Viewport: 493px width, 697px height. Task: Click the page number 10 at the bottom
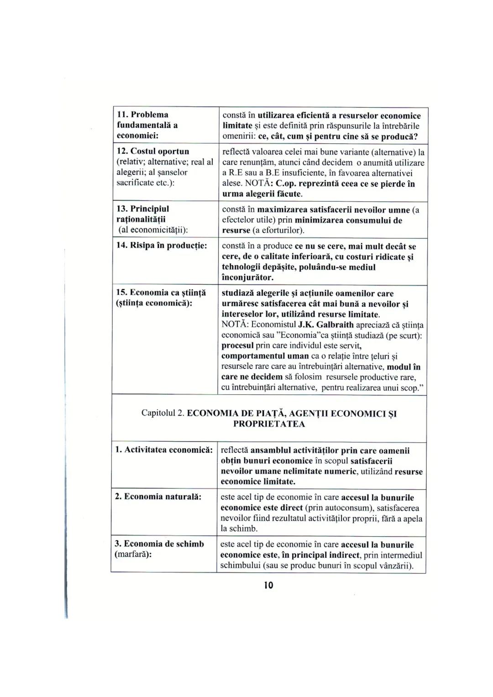(x=268, y=585)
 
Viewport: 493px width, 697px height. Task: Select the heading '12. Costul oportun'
(x=153, y=151)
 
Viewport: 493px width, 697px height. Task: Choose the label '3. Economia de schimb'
(x=159, y=544)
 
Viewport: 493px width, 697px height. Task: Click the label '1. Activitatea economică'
(x=163, y=450)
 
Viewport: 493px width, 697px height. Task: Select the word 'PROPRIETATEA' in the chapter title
(x=269, y=424)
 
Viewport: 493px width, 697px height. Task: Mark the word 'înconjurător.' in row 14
(x=247, y=277)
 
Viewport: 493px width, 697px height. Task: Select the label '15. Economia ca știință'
(x=161, y=292)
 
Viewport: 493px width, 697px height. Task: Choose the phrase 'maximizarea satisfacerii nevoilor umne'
(x=333, y=210)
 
